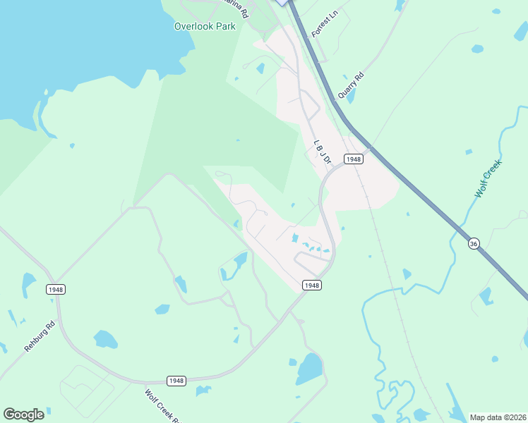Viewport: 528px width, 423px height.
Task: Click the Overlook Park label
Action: pyautogui.click(x=205, y=26)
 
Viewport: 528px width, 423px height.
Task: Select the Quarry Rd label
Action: pyautogui.click(x=350, y=85)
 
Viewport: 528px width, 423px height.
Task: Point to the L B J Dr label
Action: pyautogui.click(x=323, y=152)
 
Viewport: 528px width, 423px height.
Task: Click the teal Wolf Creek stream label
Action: pyautogui.click(x=488, y=178)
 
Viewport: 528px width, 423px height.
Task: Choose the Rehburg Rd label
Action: pyautogui.click(x=40, y=337)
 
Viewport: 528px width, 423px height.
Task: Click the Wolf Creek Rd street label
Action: pyautogui.click(x=160, y=407)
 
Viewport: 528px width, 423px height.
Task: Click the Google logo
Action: pyautogui.click(x=23, y=415)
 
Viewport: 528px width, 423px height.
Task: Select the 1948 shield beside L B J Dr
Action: pyautogui.click(x=354, y=159)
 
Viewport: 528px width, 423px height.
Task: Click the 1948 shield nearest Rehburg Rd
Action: pyautogui.click(x=55, y=289)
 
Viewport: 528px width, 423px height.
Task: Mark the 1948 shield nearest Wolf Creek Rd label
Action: pyautogui.click(x=176, y=381)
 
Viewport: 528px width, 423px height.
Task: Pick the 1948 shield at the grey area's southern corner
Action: pyautogui.click(x=312, y=285)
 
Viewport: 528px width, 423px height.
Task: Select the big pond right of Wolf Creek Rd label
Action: pyautogui.click(x=309, y=368)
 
